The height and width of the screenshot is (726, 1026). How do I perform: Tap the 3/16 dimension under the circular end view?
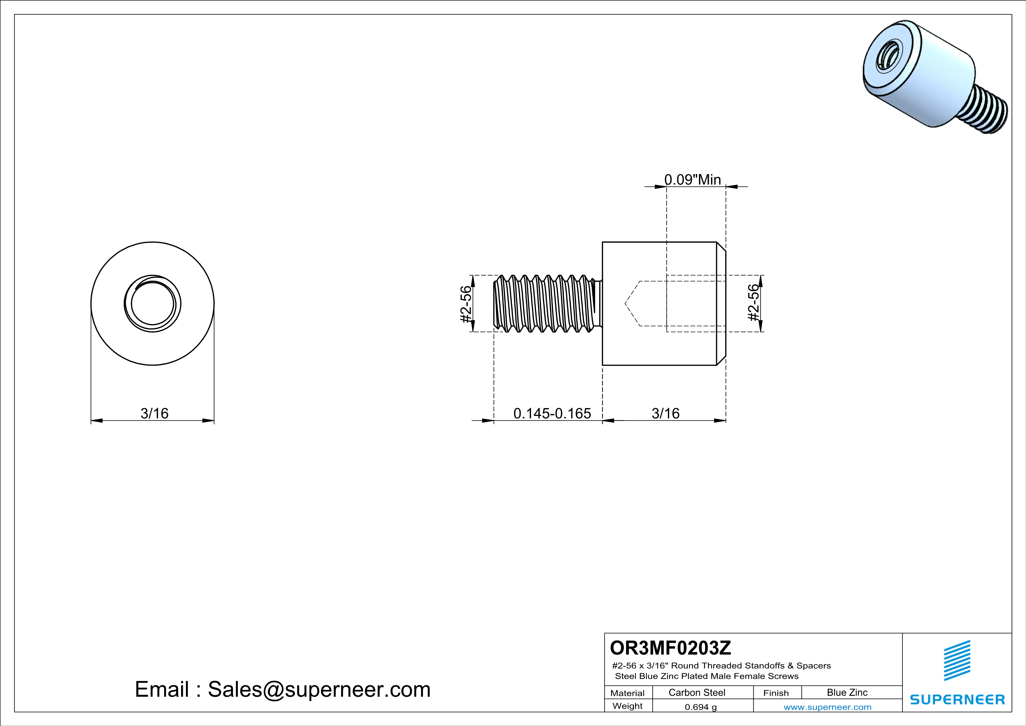(x=154, y=414)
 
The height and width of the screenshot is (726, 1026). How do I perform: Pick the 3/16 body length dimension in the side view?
(x=665, y=414)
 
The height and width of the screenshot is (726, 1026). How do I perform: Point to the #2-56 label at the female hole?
(x=753, y=303)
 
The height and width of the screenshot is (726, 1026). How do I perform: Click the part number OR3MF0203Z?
(x=670, y=648)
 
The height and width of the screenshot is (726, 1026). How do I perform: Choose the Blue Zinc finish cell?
(x=847, y=692)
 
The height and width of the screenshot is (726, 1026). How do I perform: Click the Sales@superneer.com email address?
(x=319, y=689)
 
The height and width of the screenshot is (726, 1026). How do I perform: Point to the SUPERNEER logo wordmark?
(x=957, y=700)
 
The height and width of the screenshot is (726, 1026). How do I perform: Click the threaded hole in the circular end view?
(x=152, y=304)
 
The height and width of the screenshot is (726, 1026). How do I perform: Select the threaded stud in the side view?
(x=546, y=304)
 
